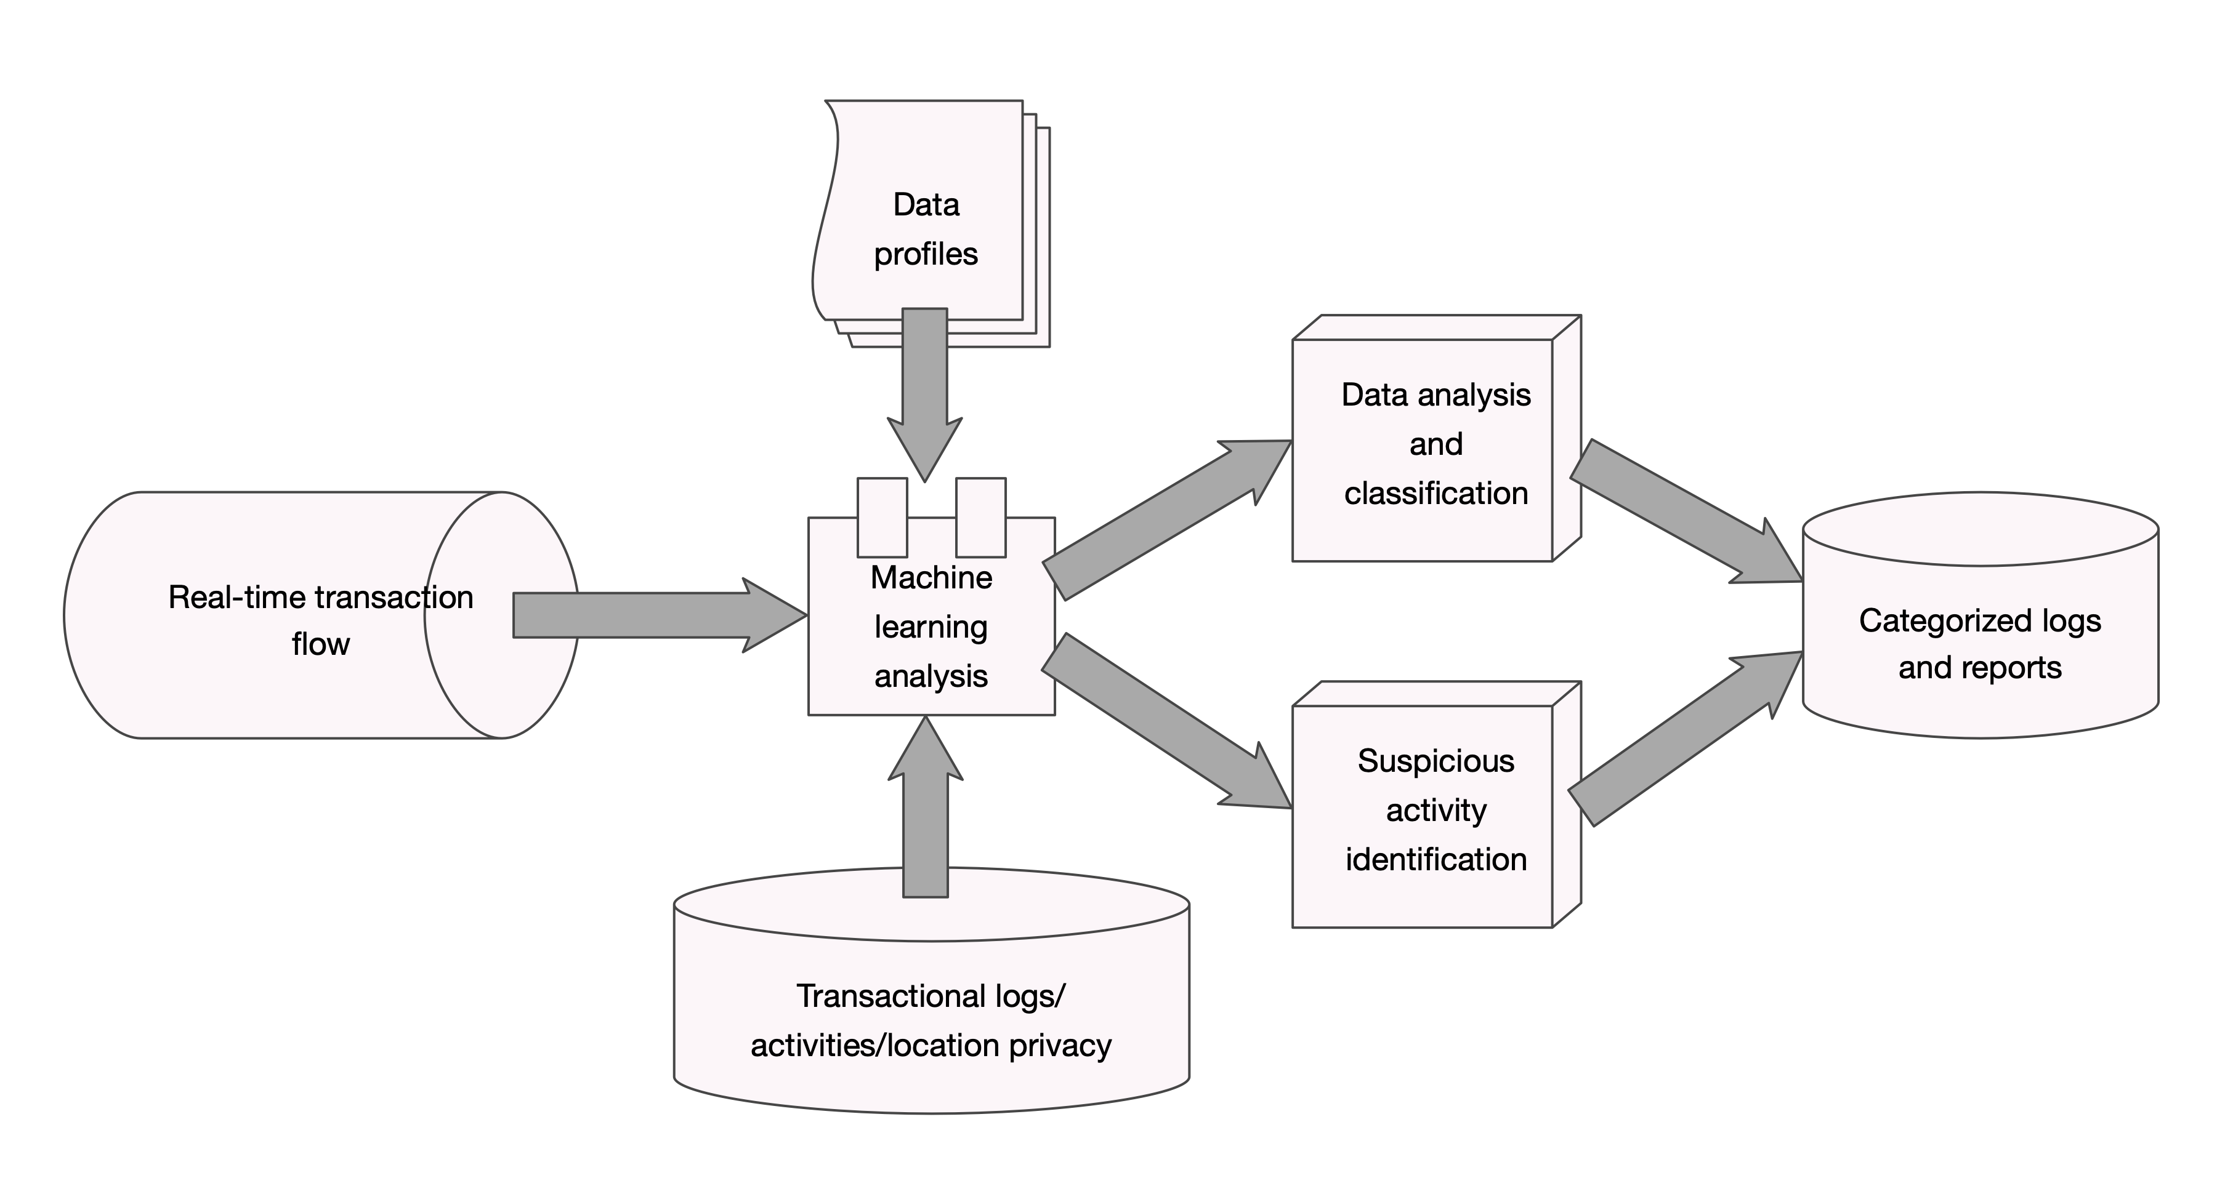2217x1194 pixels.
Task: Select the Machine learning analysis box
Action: (931, 628)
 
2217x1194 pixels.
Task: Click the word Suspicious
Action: (1436, 761)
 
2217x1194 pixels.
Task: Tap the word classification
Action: (1436, 494)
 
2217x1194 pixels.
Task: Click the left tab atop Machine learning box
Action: (882, 517)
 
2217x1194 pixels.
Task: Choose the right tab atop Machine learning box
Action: (981, 517)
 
